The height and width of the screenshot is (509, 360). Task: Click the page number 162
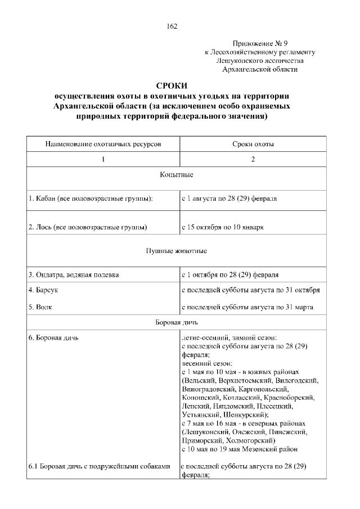(172, 26)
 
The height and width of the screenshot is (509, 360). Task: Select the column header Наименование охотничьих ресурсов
(103, 144)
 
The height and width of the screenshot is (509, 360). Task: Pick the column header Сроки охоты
(253, 144)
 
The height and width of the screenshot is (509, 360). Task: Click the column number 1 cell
(103, 160)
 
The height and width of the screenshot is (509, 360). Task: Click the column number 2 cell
(253, 160)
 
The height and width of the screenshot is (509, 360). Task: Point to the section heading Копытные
(177, 175)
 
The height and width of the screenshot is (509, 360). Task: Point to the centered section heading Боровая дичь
(177, 323)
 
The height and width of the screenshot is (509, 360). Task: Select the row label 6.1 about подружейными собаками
(98, 466)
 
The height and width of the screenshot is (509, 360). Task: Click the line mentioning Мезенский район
(240, 450)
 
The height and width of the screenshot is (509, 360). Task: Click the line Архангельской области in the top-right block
(259, 69)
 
